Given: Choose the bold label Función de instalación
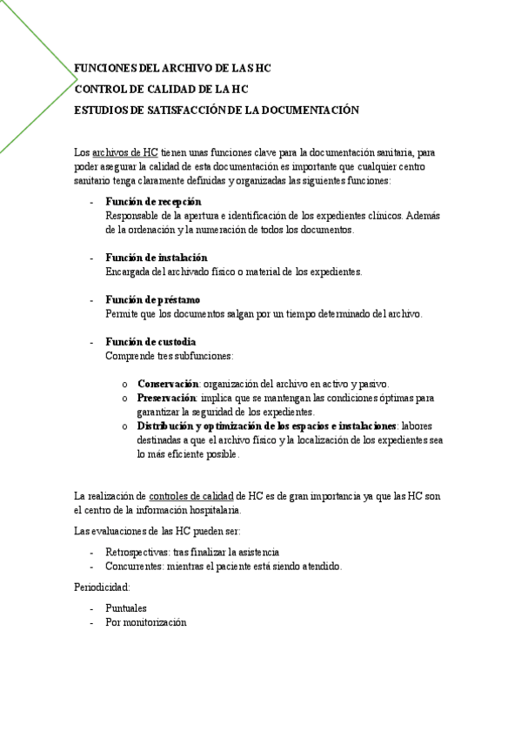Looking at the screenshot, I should pyautogui.click(x=157, y=258).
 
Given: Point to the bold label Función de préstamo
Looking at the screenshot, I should pyautogui.click(x=152, y=299).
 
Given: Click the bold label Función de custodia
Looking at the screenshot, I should pyautogui.click(x=150, y=342).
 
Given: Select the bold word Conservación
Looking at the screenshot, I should pyautogui.click(x=169, y=384).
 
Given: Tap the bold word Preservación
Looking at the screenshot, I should pyautogui.click(x=167, y=398).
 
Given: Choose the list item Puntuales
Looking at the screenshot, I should pyautogui.click(x=126, y=608).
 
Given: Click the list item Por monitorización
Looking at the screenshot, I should pyautogui.click(x=145, y=622).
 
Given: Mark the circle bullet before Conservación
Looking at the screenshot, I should pyautogui.click(x=125, y=385).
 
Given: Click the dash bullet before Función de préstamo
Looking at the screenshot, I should pyautogui.click(x=92, y=300).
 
